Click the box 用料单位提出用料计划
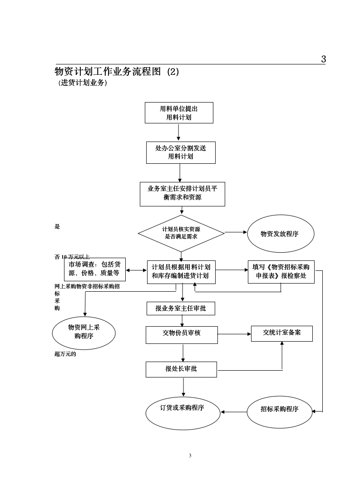pyautogui.click(x=179, y=113)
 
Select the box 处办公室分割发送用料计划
pyautogui.click(x=181, y=152)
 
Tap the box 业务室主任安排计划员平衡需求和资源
pyautogui.click(x=182, y=194)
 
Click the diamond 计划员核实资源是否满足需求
pyautogui.click(x=181, y=233)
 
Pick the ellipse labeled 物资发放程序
pyautogui.click(x=279, y=234)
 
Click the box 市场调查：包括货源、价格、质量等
pyautogui.click(x=94, y=269)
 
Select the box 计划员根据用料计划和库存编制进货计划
pyautogui.click(x=181, y=272)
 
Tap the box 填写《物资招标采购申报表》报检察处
pyautogui.click(x=281, y=272)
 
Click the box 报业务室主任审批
pyautogui.click(x=181, y=309)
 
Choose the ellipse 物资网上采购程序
pyautogui.click(x=84, y=332)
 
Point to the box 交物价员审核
pyautogui.click(x=182, y=334)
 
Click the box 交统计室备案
pyautogui.click(x=282, y=333)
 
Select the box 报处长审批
pyautogui.click(x=181, y=369)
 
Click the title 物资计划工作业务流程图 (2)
pyautogui.click(x=117, y=72)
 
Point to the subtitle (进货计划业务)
pyautogui.click(x=83, y=83)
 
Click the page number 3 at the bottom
pyautogui.click(x=190, y=456)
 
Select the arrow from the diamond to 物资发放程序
pyautogui.click(x=236, y=232)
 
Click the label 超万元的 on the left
pyautogui.click(x=65, y=354)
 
